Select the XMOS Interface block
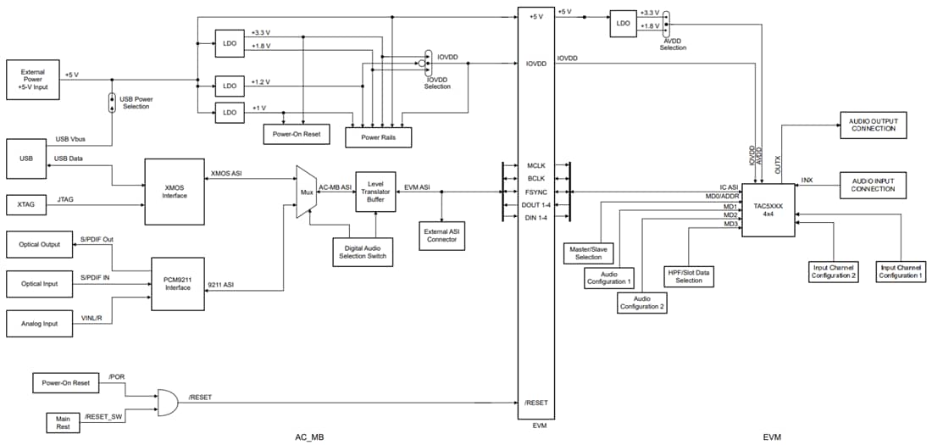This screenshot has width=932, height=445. (174, 191)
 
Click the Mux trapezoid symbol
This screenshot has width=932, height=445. (305, 192)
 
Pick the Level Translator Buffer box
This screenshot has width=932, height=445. (374, 192)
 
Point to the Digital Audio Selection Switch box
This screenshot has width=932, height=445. (363, 253)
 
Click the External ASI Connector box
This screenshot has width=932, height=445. (441, 234)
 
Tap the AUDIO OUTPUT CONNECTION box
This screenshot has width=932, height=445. (873, 126)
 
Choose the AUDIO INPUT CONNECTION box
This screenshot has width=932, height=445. (873, 185)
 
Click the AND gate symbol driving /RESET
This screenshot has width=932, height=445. (167, 403)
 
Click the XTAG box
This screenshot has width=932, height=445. (32, 205)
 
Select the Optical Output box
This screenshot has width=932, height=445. (39, 246)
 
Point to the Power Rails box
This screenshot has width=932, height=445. (378, 136)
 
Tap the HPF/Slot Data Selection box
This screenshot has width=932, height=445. (689, 275)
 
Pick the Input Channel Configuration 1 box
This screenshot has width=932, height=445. (900, 271)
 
